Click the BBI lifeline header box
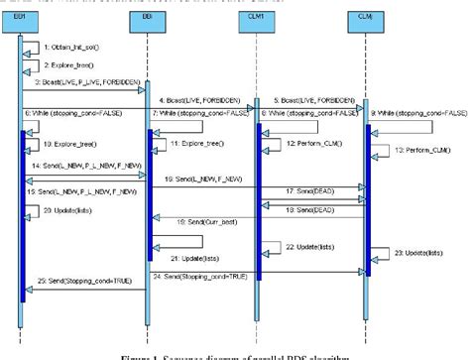(x=147, y=18)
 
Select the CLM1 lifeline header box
(x=257, y=18)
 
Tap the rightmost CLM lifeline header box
(x=364, y=18)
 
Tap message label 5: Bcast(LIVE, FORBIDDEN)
(x=310, y=101)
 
